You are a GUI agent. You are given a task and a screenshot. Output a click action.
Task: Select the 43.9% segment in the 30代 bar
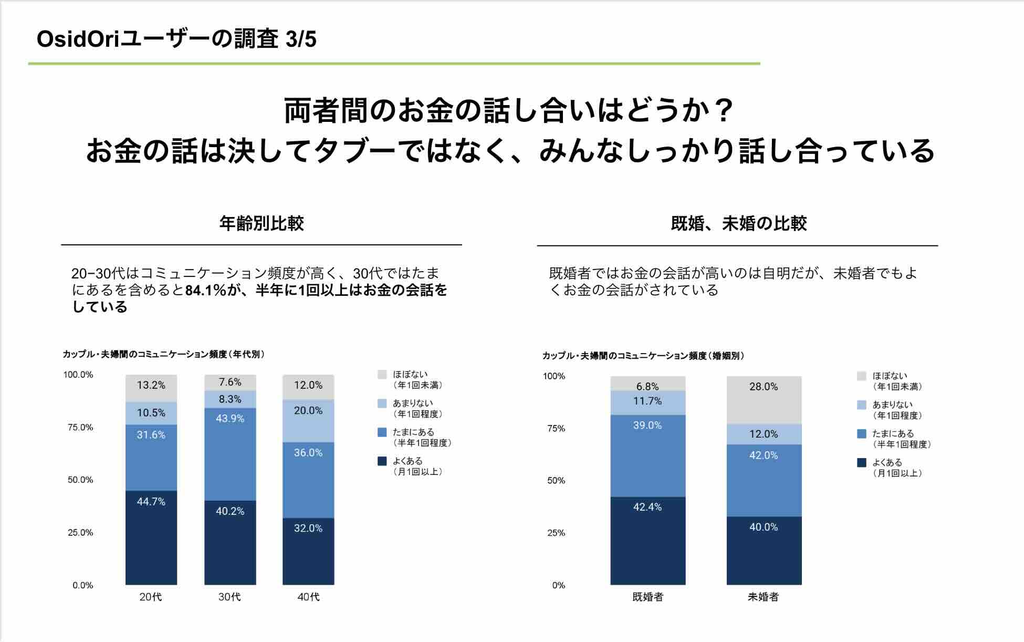(x=230, y=454)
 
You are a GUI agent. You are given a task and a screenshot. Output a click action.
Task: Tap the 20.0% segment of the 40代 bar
(x=308, y=421)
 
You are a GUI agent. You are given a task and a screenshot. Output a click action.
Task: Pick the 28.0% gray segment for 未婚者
(x=764, y=400)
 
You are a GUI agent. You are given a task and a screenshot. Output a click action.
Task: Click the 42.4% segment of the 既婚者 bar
(x=647, y=540)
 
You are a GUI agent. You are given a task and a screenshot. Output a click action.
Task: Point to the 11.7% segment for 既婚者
(x=647, y=402)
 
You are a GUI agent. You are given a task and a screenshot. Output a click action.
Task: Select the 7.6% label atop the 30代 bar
(x=230, y=382)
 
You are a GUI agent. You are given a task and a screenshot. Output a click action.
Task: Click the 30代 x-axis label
(x=229, y=597)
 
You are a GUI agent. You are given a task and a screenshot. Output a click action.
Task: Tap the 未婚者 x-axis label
(x=763, y=597)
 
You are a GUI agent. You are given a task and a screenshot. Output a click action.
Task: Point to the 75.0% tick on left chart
(x=80, y=428)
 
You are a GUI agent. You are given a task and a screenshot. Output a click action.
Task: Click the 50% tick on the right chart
(x=556, y=481)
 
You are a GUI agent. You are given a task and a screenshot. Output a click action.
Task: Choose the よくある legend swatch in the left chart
(x=382, y=461)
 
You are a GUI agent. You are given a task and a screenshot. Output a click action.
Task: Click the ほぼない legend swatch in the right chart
(x=862, y=376)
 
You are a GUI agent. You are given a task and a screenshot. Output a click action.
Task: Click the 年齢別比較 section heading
(x=262, y=224)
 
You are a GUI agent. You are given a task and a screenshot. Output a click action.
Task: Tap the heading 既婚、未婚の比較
(x=738, y=224)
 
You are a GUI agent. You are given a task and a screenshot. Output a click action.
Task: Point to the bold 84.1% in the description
(x=205, y=290)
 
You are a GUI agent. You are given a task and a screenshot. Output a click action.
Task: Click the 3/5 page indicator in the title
(x=301, y=39)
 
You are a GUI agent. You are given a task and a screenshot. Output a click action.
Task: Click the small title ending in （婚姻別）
(x=643, y=356)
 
